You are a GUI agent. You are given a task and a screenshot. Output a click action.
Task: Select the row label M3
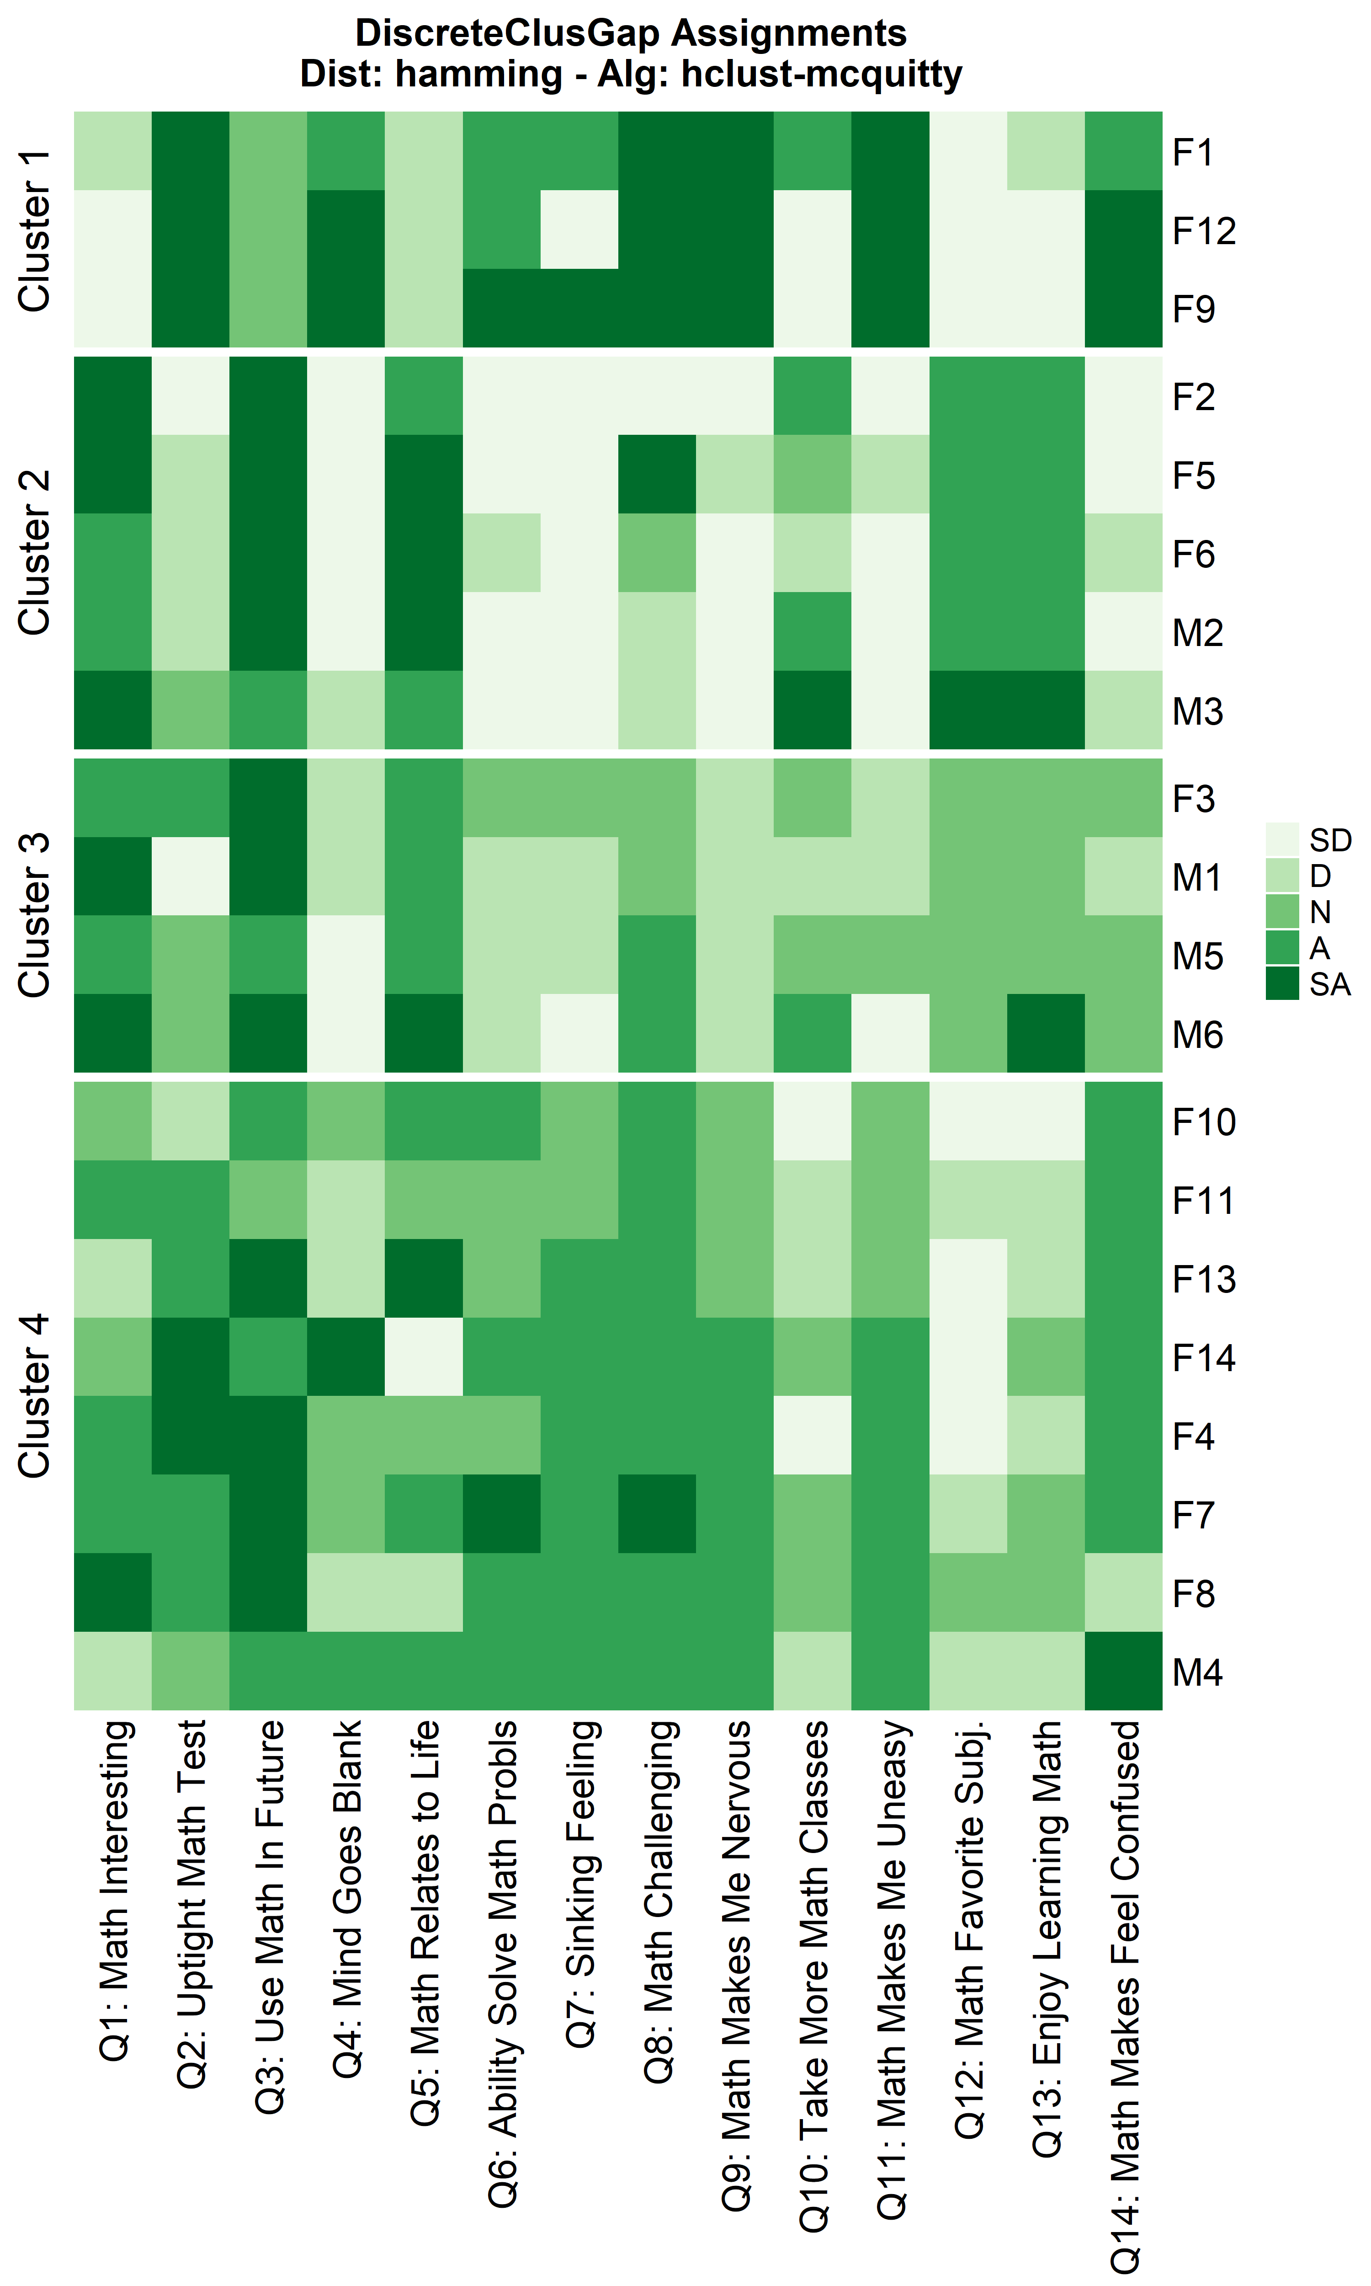coord(1197,711)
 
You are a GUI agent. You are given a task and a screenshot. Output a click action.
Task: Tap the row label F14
coord(1203,1358)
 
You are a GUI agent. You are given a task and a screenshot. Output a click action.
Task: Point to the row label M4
coord(1197,1672)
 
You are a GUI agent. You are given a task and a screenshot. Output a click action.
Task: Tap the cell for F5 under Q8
coord(657,474)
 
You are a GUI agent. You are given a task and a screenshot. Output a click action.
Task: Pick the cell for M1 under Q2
coord(190,876)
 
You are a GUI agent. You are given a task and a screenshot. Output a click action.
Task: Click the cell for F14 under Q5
coord(424,1357)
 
